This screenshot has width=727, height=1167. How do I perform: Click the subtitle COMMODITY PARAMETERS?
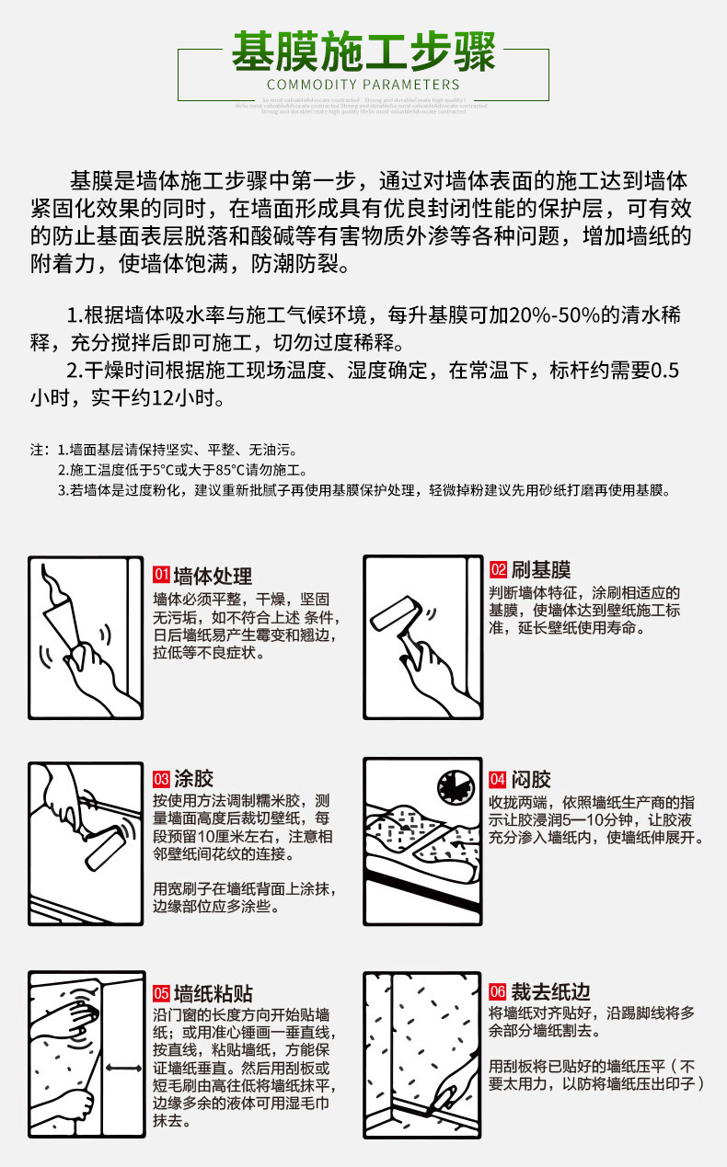[x=363, y=86]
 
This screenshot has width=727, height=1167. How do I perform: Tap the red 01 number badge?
[x=161, y=576]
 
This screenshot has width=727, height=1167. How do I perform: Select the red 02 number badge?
[x=498, y=570]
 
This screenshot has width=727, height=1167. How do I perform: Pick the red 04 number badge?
[x=498, y=779]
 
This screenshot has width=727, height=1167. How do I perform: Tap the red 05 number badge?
[x=161, y=993]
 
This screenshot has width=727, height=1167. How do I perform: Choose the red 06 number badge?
[x=498, y=991]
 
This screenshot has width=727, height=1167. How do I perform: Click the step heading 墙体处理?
[x=213, y=576]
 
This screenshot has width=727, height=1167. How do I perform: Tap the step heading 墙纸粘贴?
[x=213, y=993]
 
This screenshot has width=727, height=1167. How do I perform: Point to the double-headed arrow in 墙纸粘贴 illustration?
[x=122, y=1068]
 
